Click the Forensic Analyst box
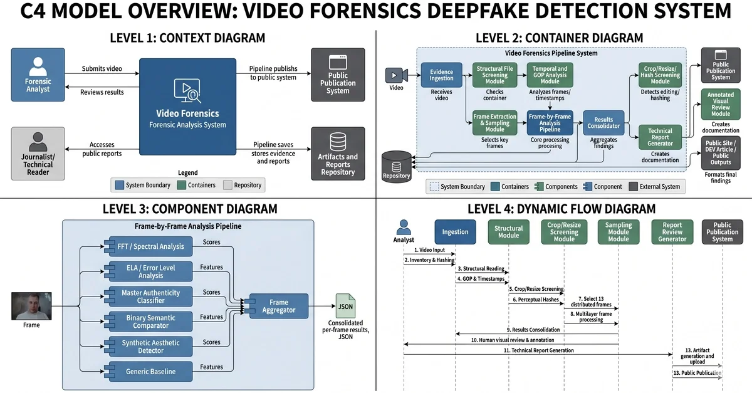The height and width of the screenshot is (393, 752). coord(38,75)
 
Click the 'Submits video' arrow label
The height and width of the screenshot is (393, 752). coord(102,68)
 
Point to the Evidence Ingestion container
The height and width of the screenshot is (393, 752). coord(441,75)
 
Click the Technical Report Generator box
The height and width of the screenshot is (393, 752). coord(660,138)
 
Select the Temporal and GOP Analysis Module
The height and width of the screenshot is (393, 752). coord(550,76)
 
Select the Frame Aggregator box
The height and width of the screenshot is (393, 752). coord(279,307)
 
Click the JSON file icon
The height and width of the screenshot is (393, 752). coord(345,306)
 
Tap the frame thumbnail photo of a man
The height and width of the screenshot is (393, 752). coord(31,306)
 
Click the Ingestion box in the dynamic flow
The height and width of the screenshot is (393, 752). coord(455,231)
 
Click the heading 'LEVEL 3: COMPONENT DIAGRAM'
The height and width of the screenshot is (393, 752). coord(190,209)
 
